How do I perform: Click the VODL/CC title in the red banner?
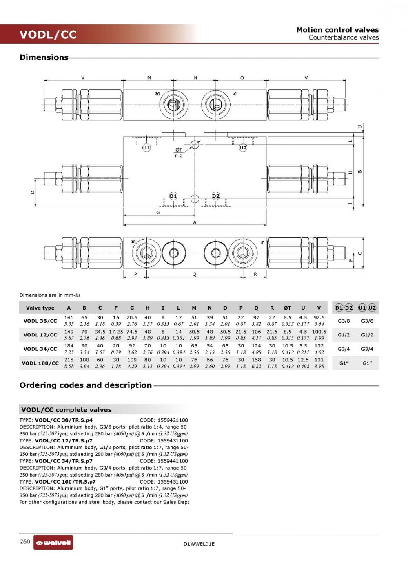click(x=48, y=35)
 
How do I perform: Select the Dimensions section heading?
click(x=44, y=57)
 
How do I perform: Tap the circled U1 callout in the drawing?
click(x=146, y=148)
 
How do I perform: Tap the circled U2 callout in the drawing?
click(x=243, y=148)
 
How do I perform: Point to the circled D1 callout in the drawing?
click(x=173, y=196)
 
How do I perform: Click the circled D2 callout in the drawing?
click(x=216, y=196)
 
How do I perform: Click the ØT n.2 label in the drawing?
click(x=179, y=153)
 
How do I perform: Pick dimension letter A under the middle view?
click(x=195, y=222)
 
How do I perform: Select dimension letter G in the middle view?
click(x=158, y=212)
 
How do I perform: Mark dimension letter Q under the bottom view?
click(x=195, y=274)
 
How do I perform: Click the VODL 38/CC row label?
click(x=40, y=321)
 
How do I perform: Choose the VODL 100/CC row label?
click(x=40, y=363)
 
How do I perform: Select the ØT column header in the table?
click(x=288, y=308)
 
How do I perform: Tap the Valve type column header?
click(x=40, y=308)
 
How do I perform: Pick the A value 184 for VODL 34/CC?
click(x=69, y=346)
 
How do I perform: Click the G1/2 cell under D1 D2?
click(x=344, y=335)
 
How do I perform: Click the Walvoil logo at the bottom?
click(x=53, y=542)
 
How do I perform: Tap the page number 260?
click(x=25, y=541)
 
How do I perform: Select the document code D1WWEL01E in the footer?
click(x=199, y=544)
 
